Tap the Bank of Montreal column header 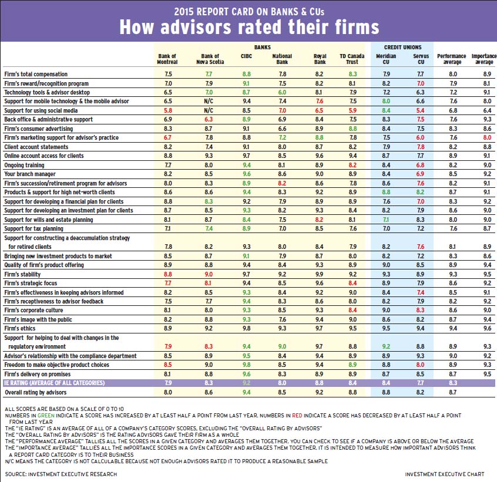coord(167,59)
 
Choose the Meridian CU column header coord(386,59)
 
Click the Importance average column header coord(482,59)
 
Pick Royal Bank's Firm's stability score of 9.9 coord(320,274)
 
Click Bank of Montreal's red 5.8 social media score coord(169,110)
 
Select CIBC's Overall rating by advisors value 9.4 coord(246,391)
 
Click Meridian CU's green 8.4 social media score coord(386,110)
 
